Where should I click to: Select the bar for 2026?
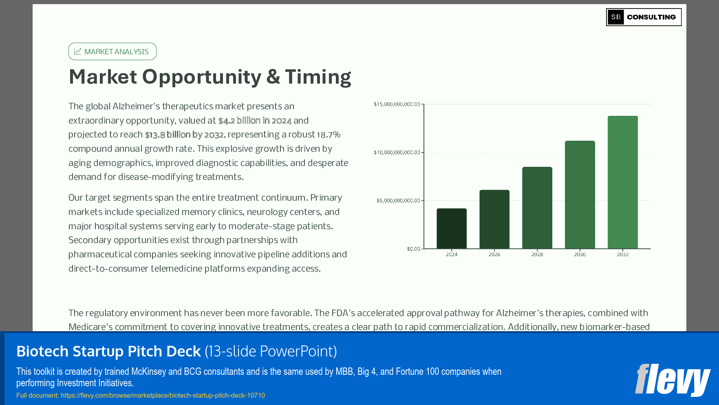pyautogui.click(x=494, y=219)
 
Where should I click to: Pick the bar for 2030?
pyautogui.click(x=580, y=195)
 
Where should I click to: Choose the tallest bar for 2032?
pyautogui.click(x=623, y=182)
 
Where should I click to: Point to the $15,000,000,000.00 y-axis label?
pyautogui.click(x=397, y=104)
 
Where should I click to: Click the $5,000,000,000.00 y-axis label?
pyautogui.click(x=398, y=201)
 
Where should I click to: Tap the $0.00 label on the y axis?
pyautogui.click(x=413, y=249)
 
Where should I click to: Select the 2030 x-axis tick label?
pyautogui.click(x=580, y=255)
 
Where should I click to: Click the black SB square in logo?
pyautogui.click(x=615, y=17)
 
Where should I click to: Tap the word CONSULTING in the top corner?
pyautogui.click(x=651, y=17)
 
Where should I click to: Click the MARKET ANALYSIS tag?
pyautogui.click(x=112, y=52)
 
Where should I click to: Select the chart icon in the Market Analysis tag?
pyautogui.click(x=78, y=51)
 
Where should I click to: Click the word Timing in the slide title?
pyautogui.click(x=318, y=77)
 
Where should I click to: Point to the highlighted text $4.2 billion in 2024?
pyautogui.click(x=255, y=121)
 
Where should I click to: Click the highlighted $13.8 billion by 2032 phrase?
pyautogui.click(x=184, y=135)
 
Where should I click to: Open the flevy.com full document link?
pyautogui.click(x=163, y=396)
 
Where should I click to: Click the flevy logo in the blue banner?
pyautogui.click(x=673, y=379)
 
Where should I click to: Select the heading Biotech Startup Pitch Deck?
pyautogui.click(x=108, y=352)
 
